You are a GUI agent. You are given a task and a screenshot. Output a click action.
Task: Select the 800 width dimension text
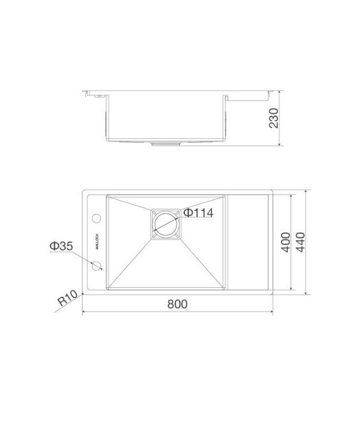coord(178,304)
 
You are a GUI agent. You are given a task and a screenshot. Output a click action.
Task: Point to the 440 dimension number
coord(302,242)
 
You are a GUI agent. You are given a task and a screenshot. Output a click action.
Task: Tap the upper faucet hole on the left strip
coord(97,218)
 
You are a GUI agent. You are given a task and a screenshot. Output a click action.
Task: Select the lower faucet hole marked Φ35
coord(97,266)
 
